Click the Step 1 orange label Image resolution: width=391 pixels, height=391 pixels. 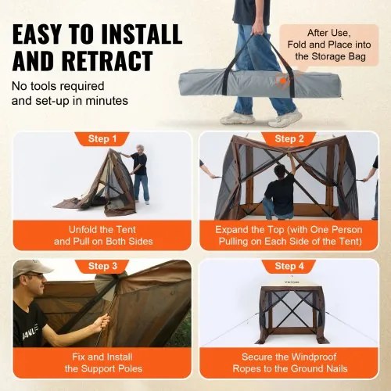[103, 138]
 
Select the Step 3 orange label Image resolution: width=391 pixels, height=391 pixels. [103, 266]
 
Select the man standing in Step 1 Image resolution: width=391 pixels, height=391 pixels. [139, 173]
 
